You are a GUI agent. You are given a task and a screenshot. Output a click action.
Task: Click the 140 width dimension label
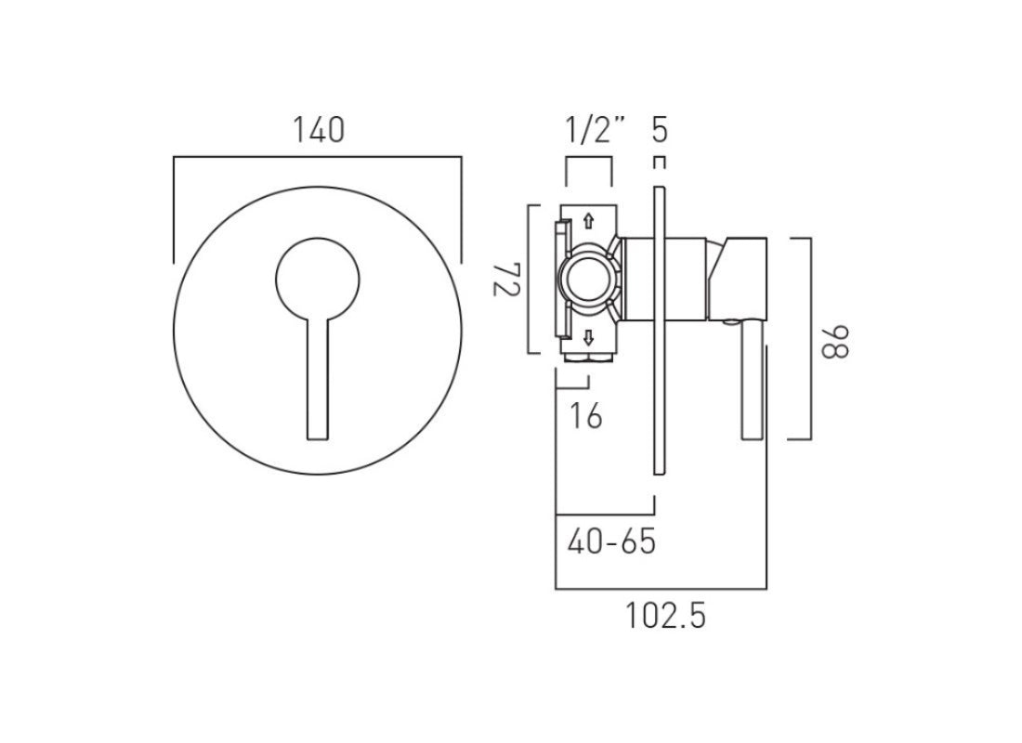coord(319,129)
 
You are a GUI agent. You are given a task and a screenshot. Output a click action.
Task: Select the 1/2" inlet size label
coord(595,131)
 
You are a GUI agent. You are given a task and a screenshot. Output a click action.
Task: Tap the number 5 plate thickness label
coord(659,130)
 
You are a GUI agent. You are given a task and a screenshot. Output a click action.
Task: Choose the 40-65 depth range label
coord(610,541)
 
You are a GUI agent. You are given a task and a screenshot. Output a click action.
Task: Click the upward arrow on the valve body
coord(587,221)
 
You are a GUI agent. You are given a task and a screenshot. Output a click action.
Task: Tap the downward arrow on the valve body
coord(587,335)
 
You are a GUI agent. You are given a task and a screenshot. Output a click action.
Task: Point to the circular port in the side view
coord(587,279)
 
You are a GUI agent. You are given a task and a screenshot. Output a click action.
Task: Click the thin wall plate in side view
coord(659,330)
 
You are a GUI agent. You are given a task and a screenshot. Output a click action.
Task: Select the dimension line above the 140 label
coord(317,159)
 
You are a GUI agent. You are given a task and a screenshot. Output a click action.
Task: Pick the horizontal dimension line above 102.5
coord(661,589)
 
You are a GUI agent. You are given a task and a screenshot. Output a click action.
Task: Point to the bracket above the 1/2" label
coord(589,160)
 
